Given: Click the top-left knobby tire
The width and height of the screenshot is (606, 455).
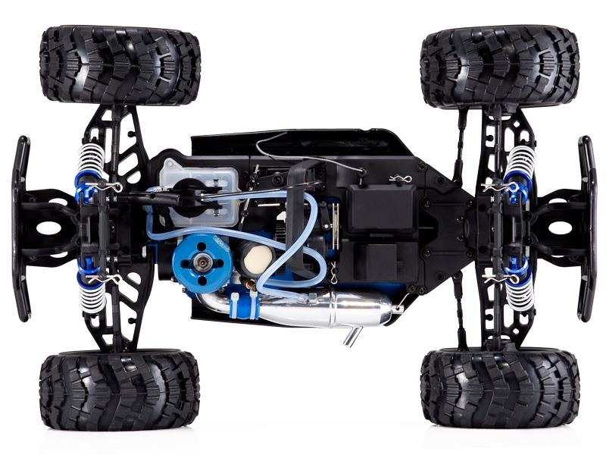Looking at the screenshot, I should click(x=120, y=64).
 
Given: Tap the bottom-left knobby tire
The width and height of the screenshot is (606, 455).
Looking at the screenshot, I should click(x=120, y=389).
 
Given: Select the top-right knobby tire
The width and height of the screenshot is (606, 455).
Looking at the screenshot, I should click(x=500, y=64).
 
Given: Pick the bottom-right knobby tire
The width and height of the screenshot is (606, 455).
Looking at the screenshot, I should click(x=500, y=388).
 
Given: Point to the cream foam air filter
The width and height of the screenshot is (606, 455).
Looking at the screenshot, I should click(x=255, y=261).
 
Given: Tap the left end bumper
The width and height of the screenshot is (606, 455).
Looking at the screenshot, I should click(x=21, y=227).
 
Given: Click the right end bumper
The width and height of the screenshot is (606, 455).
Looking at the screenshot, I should click(x=587, y=227).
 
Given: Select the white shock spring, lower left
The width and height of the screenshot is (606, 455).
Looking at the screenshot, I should click(x=91, y=292).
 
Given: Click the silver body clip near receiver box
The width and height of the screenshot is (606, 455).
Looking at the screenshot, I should click(x=399, y=180).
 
